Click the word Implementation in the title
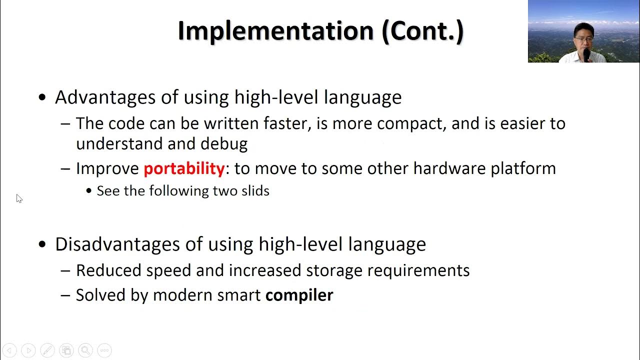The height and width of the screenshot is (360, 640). click(275, 31)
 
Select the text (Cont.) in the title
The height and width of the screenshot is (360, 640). click(422, 31)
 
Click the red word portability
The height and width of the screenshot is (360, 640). click(184, 168)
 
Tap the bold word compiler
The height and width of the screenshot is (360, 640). click(299, 295)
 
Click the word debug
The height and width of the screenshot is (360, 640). click(224, 144)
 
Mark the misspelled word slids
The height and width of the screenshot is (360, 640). click(256, 191)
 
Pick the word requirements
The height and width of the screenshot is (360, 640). click(418, 270)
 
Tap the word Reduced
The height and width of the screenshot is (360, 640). click(108, 270)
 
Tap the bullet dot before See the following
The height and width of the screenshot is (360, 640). click(89, 191)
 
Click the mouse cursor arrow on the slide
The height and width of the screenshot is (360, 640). click(19, 198)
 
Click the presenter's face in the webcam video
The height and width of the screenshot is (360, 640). click(584, 36)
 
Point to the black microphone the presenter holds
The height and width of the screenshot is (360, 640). click(586, 54)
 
